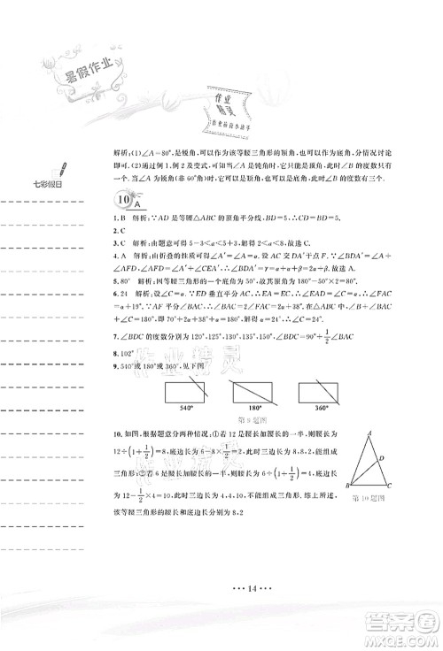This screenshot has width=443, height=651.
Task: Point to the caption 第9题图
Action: pos(254,395)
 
